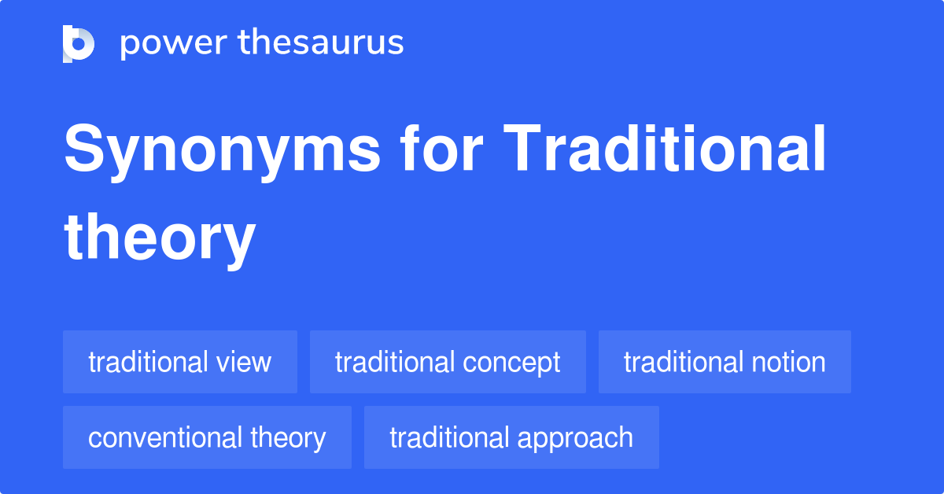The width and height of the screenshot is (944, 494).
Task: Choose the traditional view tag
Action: coord(180,362)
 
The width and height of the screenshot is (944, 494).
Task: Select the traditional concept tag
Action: coord(448,362)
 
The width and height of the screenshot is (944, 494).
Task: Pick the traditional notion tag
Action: coord(725,362)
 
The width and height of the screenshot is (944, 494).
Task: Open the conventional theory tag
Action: coord(207,437)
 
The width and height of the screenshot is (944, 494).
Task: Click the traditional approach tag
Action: coord(511,437)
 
